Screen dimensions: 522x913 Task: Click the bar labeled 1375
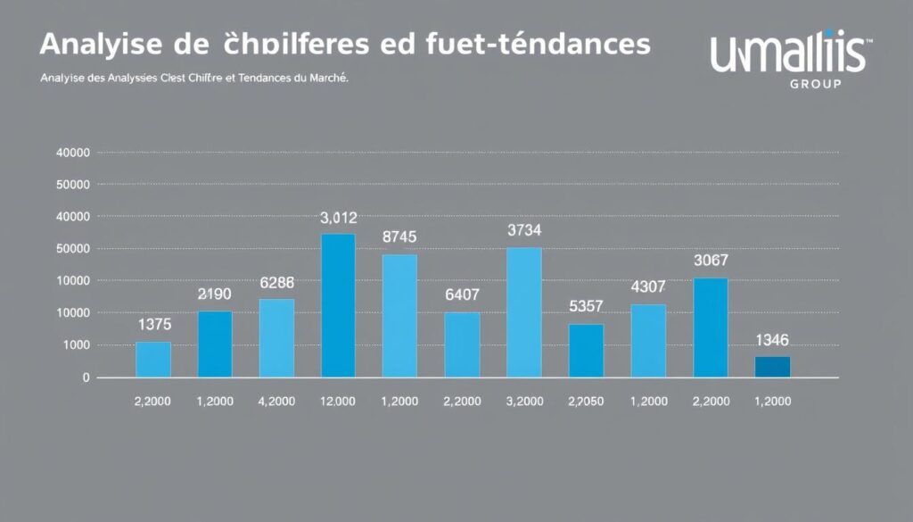[153, 360]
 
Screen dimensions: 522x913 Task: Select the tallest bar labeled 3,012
[338, 305]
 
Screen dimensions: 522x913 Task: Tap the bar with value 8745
[399, 316]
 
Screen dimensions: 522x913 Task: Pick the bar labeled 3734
[523, 312]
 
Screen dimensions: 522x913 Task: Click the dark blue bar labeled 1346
[772, 367]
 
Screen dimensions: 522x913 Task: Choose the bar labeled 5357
[586, 350]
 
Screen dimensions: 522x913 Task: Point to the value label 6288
[276, 282]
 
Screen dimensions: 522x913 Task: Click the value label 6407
[462, 294]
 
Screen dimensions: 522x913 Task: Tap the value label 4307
[648, 287]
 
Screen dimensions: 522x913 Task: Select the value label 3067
[711, 261]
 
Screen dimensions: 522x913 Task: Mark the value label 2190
[215, 294]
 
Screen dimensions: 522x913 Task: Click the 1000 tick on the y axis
[75, 345]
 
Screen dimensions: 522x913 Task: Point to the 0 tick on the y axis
[86, 377]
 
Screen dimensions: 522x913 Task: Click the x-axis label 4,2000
[276, 402]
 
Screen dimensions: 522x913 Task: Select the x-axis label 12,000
[337, 402]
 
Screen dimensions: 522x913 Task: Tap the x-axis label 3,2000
[524, 402]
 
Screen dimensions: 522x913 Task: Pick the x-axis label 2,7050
[586, 402]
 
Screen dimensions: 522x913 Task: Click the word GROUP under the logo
[816, 84]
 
